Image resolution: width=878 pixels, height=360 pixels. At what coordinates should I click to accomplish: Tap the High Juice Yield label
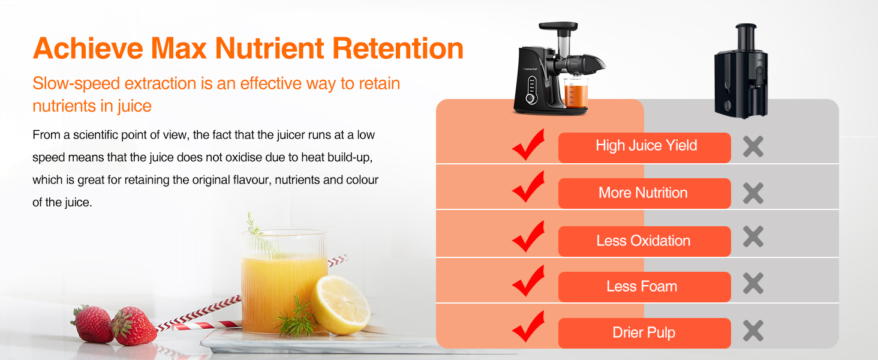pyautogui.click(x=645, y=146)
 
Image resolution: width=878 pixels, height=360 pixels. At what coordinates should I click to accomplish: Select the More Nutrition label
pyautogui.click(x=643, y=193)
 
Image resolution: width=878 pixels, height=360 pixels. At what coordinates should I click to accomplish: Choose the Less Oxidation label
pyautogui.click(x=643, y=241)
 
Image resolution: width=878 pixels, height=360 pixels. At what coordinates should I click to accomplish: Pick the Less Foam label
pyautogui.click(x=642, y=286)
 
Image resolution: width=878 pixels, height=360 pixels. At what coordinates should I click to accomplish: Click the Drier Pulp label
pyautogui.click(x=644, y=332)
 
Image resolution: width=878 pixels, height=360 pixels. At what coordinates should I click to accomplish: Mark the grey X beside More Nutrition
pyautogui.click(x=753, y=193)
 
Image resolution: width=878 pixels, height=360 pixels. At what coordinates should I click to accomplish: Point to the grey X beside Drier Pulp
pyautogui.click(x=753, y=331)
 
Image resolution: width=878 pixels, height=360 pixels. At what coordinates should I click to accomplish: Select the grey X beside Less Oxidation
pyautogui.click(x=753, y=236)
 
